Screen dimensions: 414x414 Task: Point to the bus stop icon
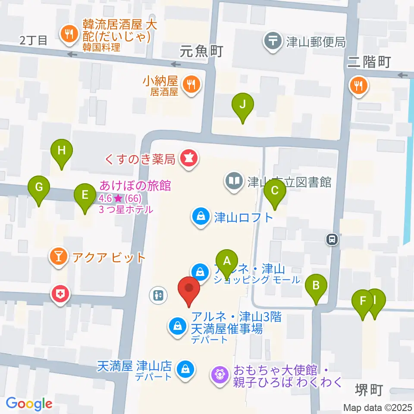pyautogui.click(x=332, y=238)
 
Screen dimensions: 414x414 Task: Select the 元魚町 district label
pyautogui.click(x=201, y=52)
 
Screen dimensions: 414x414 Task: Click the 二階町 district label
pyautogui.click(x=369, y=62)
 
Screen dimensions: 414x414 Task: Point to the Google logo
pyautogui.click(x=29, y=404)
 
